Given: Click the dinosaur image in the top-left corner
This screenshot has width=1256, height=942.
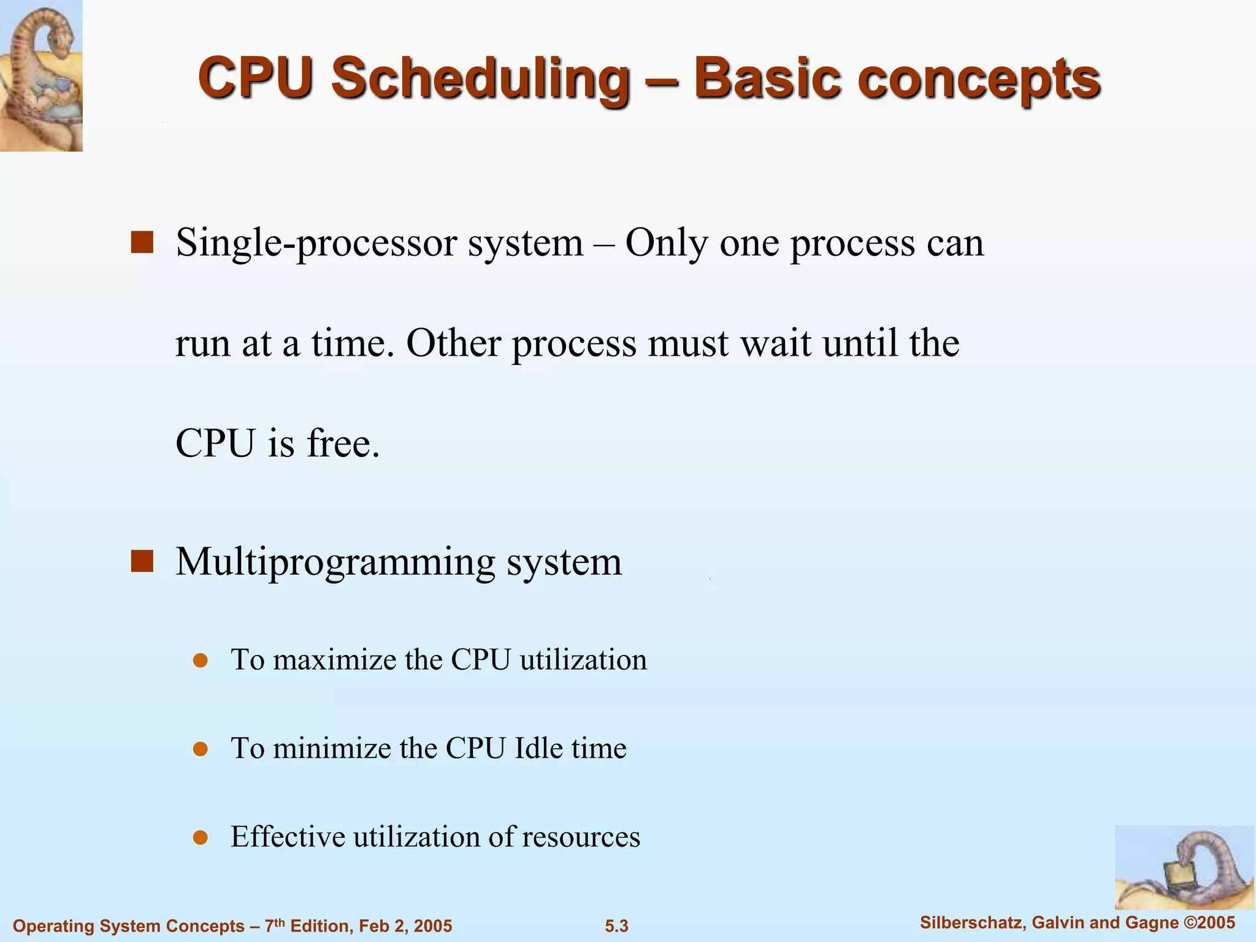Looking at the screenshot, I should point(41,75).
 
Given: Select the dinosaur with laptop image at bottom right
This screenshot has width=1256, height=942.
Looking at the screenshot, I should point(1184,867).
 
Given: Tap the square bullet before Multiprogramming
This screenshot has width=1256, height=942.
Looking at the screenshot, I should point(142,561).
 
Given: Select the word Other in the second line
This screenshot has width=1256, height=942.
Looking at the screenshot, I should point(453,343).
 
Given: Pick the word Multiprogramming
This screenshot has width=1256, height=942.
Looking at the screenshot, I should point(335,562).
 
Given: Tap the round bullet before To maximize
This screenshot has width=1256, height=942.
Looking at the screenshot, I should point(201,661).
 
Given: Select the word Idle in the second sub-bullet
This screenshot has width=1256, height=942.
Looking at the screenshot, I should point(537,749).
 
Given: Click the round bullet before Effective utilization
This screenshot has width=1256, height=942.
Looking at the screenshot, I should point(201,838).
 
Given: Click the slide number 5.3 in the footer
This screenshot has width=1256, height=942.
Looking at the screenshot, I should point(616,926).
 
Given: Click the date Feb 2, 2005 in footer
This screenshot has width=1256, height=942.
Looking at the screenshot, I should point(405,926).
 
